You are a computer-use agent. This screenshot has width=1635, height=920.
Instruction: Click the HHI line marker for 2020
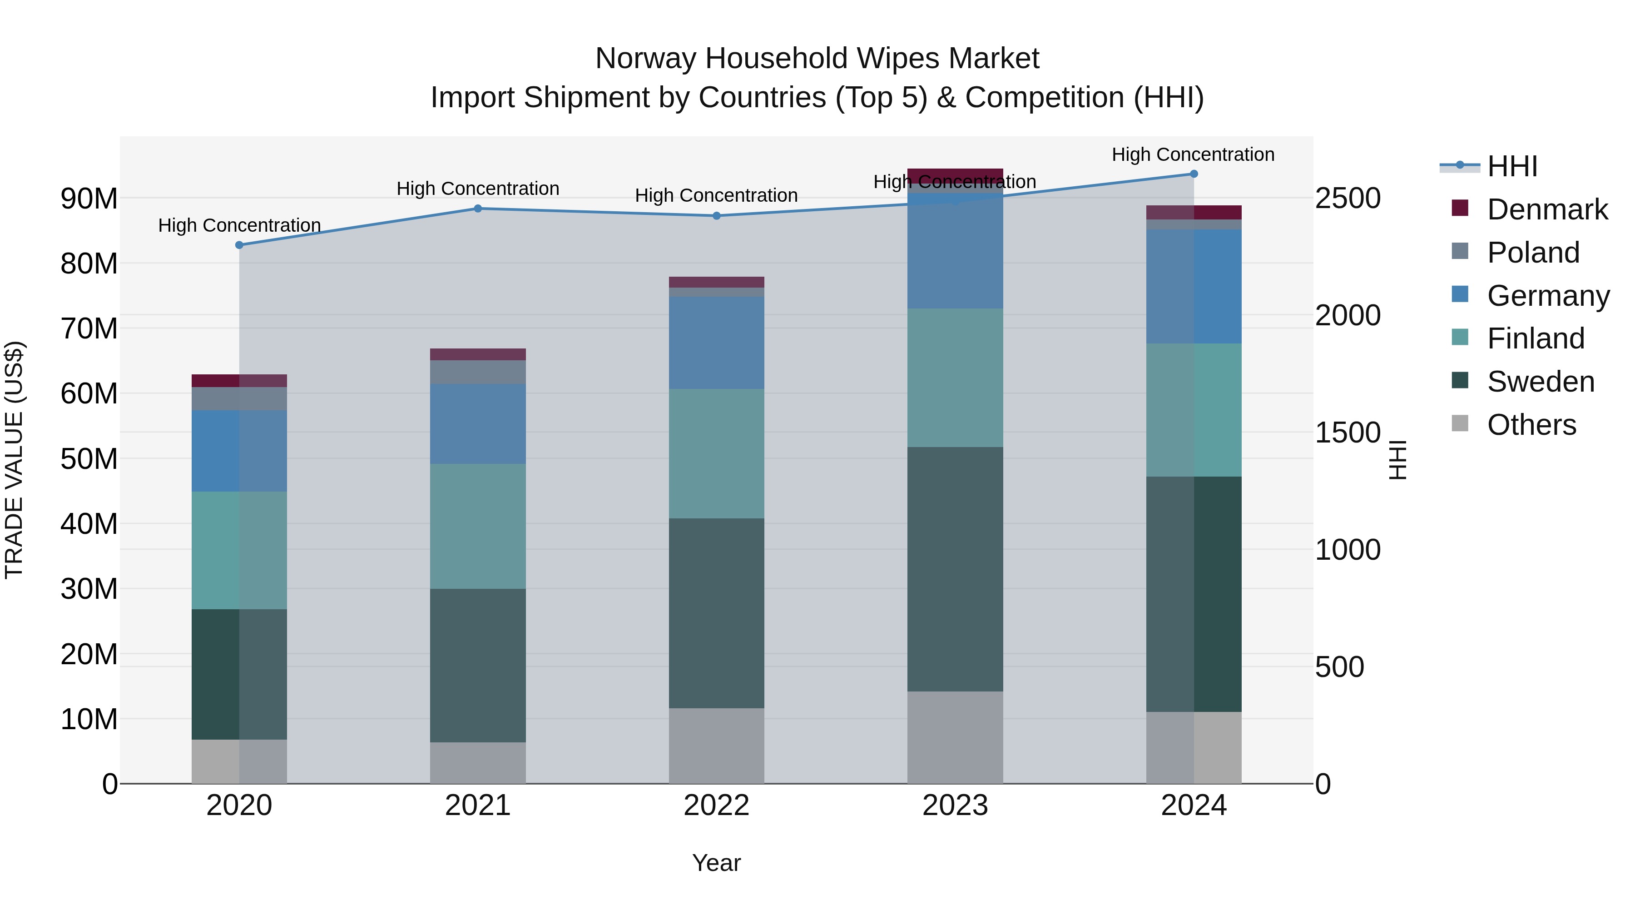pyautogui.click(x=239, y=245)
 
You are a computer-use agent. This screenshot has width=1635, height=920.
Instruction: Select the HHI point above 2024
pyautogui.click(x=1194, y=174)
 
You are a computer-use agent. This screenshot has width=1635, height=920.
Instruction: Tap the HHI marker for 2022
pyautogui.click(x=717, y=216)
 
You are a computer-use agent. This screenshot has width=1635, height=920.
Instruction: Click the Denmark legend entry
pyautogui.click(x=1547, y=209)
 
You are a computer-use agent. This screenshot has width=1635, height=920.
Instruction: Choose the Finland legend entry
pyautogui.click(x=1536, y=338)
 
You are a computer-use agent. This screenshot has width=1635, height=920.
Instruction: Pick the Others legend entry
pyautogui.click(x=1531, y=425)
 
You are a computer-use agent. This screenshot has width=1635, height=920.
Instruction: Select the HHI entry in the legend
pyautogui.click(x=1512, y=166)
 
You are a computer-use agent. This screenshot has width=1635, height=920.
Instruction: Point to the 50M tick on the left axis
pyautogui.click(x=89, y=459)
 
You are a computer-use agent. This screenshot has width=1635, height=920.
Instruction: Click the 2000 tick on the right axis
pyautogui.click(x=1348, y=316)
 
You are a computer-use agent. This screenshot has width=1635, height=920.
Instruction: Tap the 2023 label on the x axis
pyautogui.click(x=955, y=806)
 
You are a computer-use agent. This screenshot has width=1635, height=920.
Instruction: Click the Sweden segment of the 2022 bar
pyautogui.click(x=717, y=613)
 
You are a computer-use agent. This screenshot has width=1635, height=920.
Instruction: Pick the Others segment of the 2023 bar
pyautogui.click(x=955, y=737)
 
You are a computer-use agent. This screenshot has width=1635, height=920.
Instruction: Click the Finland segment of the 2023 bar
pyautogui.click(x=955, y=378)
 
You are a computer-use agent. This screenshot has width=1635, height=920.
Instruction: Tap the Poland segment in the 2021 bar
pyautogui.click(x=478, y=372)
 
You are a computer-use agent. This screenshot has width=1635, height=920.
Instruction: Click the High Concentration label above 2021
pyautogui.click(x=478, y=189)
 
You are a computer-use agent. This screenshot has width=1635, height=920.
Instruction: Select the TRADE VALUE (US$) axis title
pyautogui.click(x=14, y=460)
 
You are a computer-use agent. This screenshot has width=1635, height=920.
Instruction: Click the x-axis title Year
pyautogui.click(x=717, y=863)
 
